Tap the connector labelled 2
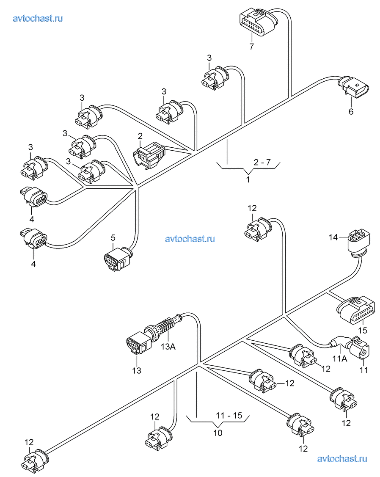pyautogui.click(x=149, y=155)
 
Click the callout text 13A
pyautogui.click(x=168, y=347)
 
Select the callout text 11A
pyautogui.click(x=340, y=359)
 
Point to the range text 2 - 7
pyautogui.click(x=262, y=162)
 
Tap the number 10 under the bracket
pyautogui.click(x=218, y=433)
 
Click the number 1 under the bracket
pyautogui.click(x=248, y=179)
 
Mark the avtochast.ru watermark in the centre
pyautogui.click(x=190, y=239)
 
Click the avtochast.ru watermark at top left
pyautogui.click(x=38, y=18)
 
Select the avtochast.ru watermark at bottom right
pyautogui.click(x=342, y=458)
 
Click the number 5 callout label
pyautogui.click(x=113, y=237)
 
